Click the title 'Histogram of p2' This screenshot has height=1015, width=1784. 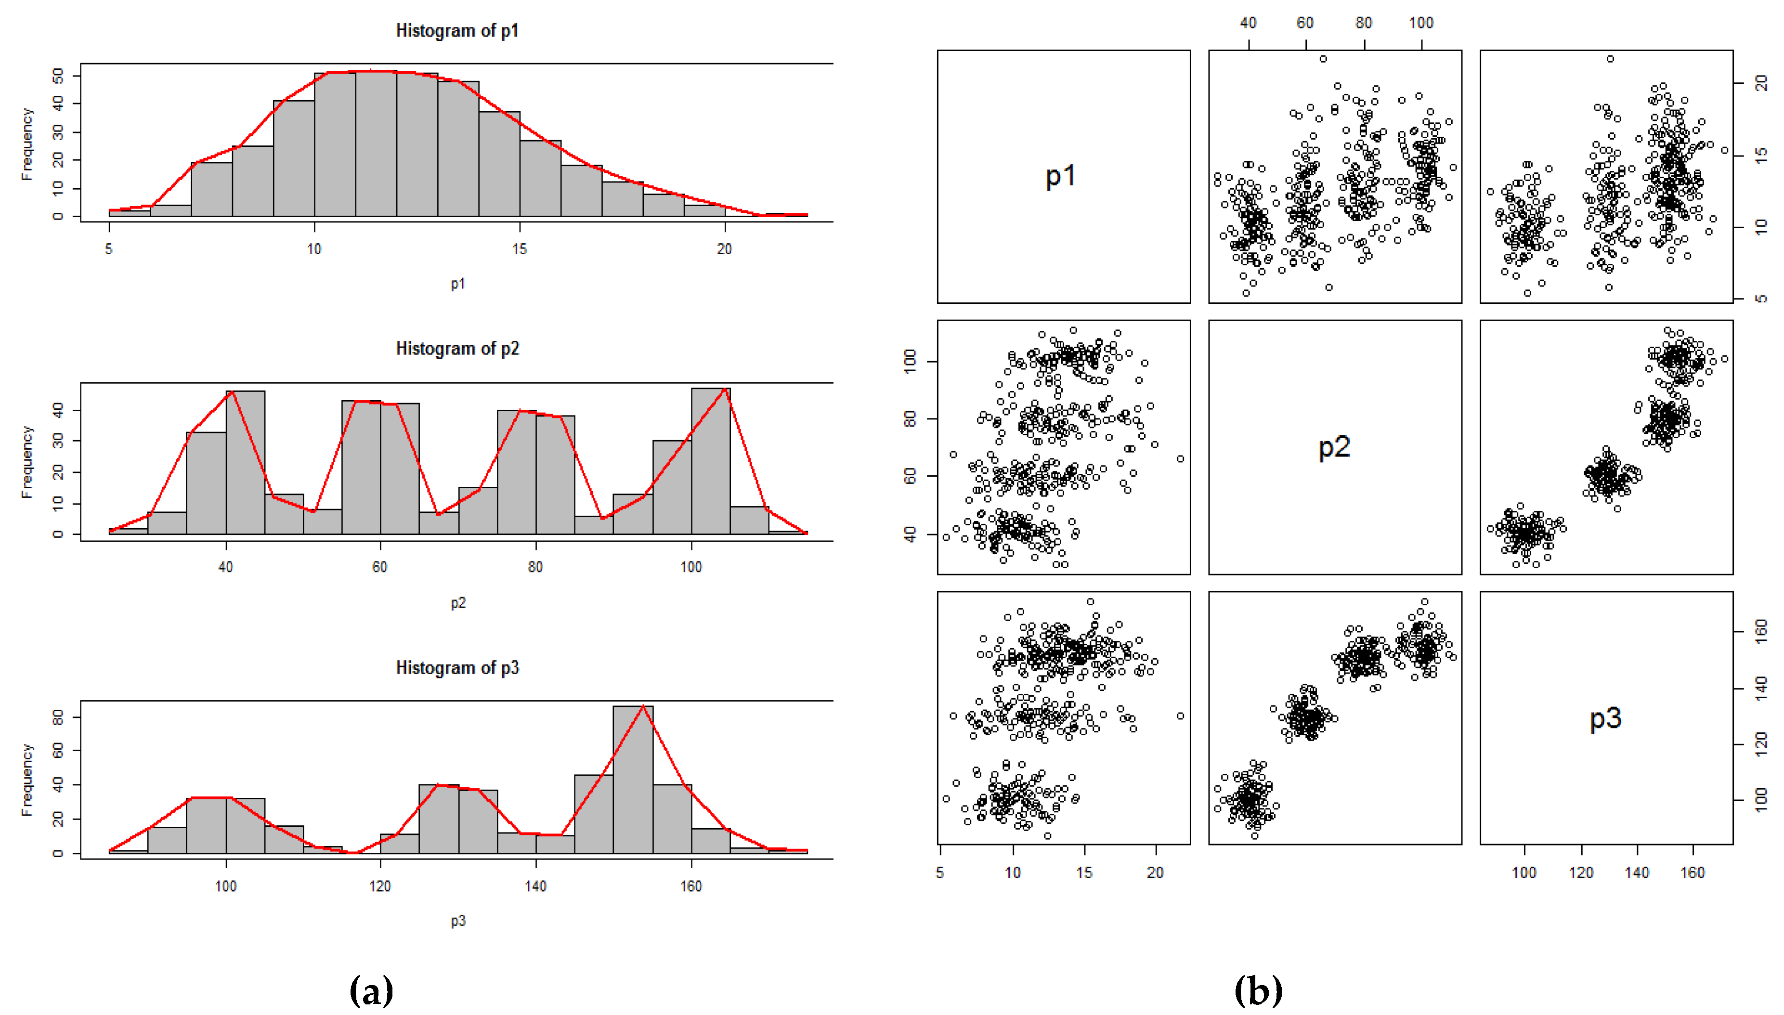point(457,349)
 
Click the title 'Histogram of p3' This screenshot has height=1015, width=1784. point(457,668)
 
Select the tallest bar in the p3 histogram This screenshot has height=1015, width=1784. point(633,781)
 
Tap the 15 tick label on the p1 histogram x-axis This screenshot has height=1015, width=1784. point(520,249)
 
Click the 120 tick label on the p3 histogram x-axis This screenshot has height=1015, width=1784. point(380,886)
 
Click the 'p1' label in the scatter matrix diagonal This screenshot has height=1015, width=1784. point(1060,176)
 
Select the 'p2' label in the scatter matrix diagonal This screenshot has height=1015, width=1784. point(1334,447)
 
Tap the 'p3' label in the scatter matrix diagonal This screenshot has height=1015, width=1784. point(1605,718)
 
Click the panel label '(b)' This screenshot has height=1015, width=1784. point(1258,990)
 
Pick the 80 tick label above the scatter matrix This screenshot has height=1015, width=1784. point(1364,23)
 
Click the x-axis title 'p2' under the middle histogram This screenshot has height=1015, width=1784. point(457,603)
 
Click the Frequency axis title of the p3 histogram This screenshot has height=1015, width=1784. point(27,780)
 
